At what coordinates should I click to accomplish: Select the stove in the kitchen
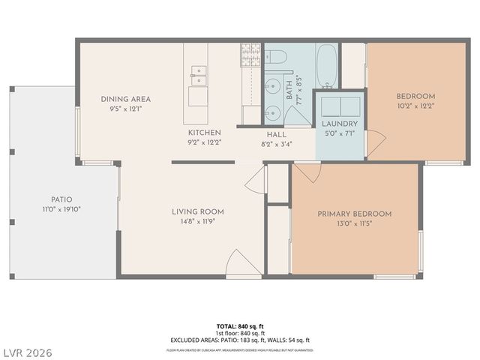point(250,54)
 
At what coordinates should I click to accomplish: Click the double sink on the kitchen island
point(199,73)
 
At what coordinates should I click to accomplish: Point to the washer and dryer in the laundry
point(340,105)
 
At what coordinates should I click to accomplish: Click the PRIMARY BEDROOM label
point(354,214)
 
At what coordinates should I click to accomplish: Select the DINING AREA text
point(126,99)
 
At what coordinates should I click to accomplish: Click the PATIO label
point(62,199)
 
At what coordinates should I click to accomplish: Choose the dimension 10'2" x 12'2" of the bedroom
point(415,106)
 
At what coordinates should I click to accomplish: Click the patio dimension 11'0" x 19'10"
point(62,209)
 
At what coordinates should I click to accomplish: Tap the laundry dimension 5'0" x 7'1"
point(340,133)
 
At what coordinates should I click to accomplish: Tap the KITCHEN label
point(204,132)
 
